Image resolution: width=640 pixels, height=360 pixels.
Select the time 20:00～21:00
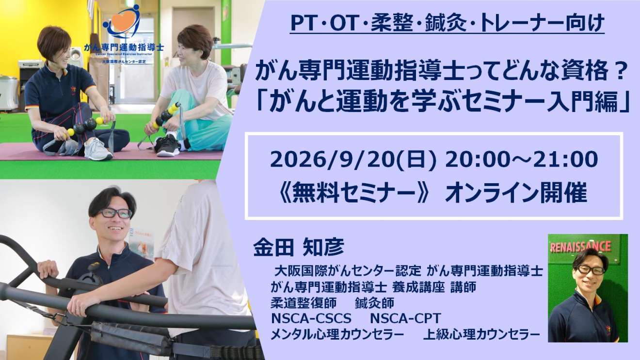point(521,159)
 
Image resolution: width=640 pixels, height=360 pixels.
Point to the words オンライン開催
point(515,193)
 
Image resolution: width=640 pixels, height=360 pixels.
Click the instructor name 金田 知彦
point(299,247)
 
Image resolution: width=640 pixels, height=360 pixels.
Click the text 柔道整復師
point(304,303)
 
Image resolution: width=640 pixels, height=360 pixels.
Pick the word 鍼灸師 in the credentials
point(375,303)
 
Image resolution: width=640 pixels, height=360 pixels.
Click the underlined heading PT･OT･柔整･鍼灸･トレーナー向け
point(447,23)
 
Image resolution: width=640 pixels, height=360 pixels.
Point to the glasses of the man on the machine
point(114,213)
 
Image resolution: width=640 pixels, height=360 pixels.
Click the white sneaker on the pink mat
point(98,149)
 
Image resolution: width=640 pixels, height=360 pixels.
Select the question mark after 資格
point(619,71)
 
